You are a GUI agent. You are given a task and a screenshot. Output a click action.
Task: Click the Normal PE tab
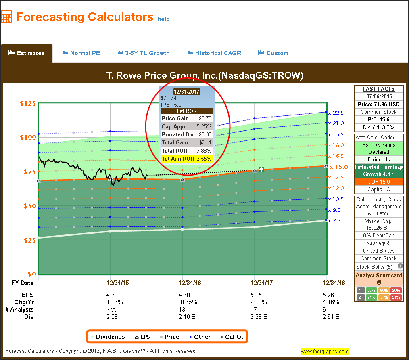[81, 53]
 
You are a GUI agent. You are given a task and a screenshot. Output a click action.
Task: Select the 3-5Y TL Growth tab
[143, 53]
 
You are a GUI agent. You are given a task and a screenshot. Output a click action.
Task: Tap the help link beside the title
[163, 19]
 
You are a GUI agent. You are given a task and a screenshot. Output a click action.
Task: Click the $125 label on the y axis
[28, 103]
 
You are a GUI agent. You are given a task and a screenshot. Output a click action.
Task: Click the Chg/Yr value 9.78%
[259, 302]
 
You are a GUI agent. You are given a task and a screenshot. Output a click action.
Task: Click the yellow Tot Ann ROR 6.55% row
[187, 159]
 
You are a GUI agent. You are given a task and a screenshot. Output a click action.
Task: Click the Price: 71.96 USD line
[379, 104]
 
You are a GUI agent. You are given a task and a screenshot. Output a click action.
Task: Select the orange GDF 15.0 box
[379, 182]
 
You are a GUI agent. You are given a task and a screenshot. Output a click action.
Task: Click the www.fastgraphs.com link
[324, 351]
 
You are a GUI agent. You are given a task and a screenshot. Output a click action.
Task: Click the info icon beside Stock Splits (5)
[400, 266]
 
